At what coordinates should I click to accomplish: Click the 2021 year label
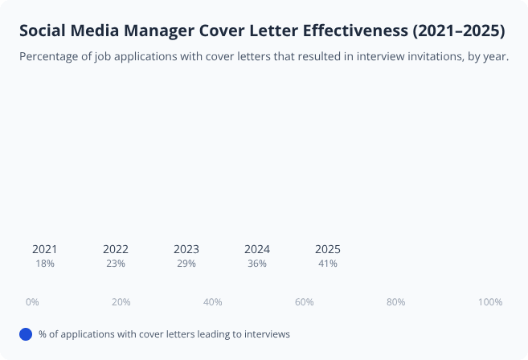pyautogui.click(x=45, y=249)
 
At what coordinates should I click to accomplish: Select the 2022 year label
pyautogui.click(x=116, y=249)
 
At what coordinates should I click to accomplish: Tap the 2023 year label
pyautogui.click(x=186, y=249)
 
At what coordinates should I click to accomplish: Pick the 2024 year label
pyautogui.click(x=257, y=249)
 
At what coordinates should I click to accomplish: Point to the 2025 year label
pyautogui.click(x=328, y=249)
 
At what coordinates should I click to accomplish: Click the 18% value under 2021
pyautogui.click(x=45, y=264)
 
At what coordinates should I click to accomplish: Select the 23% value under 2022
pyautogui.click(x=116, y=264)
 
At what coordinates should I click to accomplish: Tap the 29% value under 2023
pyautogui.click(x=186, y=264)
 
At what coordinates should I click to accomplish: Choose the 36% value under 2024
pyautogui.click(x=257, y=264)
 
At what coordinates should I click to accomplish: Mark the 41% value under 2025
pyautogui.click(x=328, y=264)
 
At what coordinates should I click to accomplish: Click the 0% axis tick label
pyautogui.click(x=32, y=302)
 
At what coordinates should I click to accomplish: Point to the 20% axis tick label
pyautogui.click(x=121, y=302)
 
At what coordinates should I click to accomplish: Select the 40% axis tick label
pyautogui.click(x=213, y=302)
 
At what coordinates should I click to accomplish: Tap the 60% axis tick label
pyautogui.click(x=304, y=302)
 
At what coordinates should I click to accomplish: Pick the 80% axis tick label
pyautogui.click(x=395, y=302)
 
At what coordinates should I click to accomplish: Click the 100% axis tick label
pyautogui.click(x=489, y=302)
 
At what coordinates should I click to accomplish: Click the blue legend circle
pyautogui.click(x=26, y=334)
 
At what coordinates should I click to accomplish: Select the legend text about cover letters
pyautogui.click(x=164, y=334)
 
